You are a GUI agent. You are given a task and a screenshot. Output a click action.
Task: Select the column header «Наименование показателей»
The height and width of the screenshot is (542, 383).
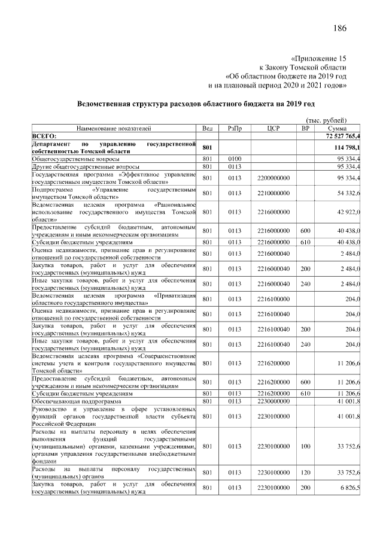click(x=114, y=128)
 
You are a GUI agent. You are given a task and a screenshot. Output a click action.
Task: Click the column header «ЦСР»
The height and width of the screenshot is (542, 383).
click(x=273, y=128)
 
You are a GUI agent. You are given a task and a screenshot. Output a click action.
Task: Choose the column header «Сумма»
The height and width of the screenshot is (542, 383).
click(x=338, y=128)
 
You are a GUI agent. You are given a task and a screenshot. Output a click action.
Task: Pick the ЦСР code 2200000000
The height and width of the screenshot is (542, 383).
click(x=273, y=178)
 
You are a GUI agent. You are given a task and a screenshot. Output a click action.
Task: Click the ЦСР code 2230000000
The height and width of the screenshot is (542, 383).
click(x=273, y=401)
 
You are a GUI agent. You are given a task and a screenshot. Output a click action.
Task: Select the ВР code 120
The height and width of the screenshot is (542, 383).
click(x=305, y=473)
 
